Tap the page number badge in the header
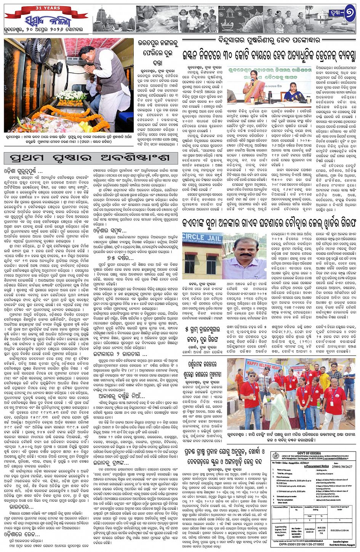point(341,15)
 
